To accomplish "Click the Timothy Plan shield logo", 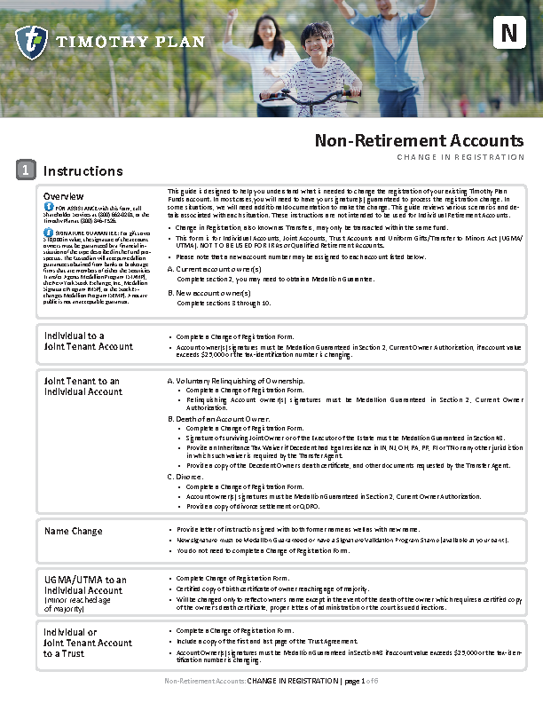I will pyautogui.click(x=31, y=42).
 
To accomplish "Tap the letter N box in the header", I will pyautogui.click(x=508, y=34).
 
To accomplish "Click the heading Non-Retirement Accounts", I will pyautogui.click(x=420, y=140).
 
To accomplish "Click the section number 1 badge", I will pyautogui.click(x=28, y=170).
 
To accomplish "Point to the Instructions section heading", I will pyautogui.click(x=83, y=170).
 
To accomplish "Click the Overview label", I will pyautogui.click(x=64, y=196).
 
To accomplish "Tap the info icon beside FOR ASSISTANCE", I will pyautogui.click(x=49, y=207).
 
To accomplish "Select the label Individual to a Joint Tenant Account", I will pyautogui.click(x=88, y=341).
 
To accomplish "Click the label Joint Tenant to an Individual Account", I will pyautogui.click(x=83, y=386).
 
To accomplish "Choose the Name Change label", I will pyautogui.click(x=73, y=531).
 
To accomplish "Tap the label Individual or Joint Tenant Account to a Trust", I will pyautogui.click(x=88, y=643).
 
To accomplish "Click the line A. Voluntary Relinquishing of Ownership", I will pyautogui.click(x=236, y=381).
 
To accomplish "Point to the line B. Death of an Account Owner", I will pyautogui.click(x=219, y=418).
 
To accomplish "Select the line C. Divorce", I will pyautogui.click(x=185, y=477).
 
